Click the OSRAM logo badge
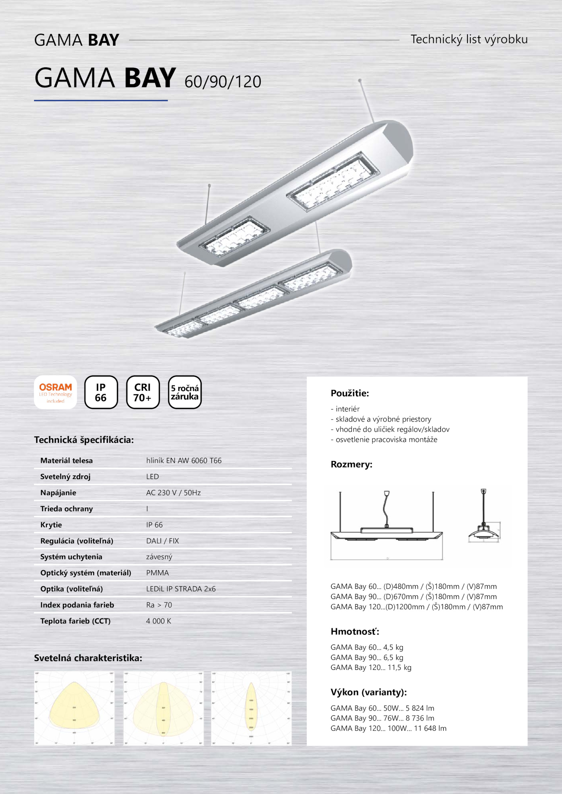[x=55, y=392]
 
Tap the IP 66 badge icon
[x=101, y=392]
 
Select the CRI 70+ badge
[x=143, y=392]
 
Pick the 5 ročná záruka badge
[x=185, y=392]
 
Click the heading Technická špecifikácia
[x=84, y=440]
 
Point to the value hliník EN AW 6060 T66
[x=184, y=461]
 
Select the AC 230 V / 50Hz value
[x=174, y=493]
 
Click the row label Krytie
[x=51, y=525]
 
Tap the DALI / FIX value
[x=163, y=541]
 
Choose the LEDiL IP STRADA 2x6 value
[x=181, y=589]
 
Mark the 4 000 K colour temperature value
[x=159, y=621]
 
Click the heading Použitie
[x=350, y=393]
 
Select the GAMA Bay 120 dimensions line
[x=417, y=607]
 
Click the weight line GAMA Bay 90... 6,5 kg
[x=367, y=658]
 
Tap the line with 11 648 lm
[x=388, y=728]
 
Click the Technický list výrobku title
[x=469, y=39]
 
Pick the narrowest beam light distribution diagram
[x=251, y=708]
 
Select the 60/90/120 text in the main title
[x=223, y=82]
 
